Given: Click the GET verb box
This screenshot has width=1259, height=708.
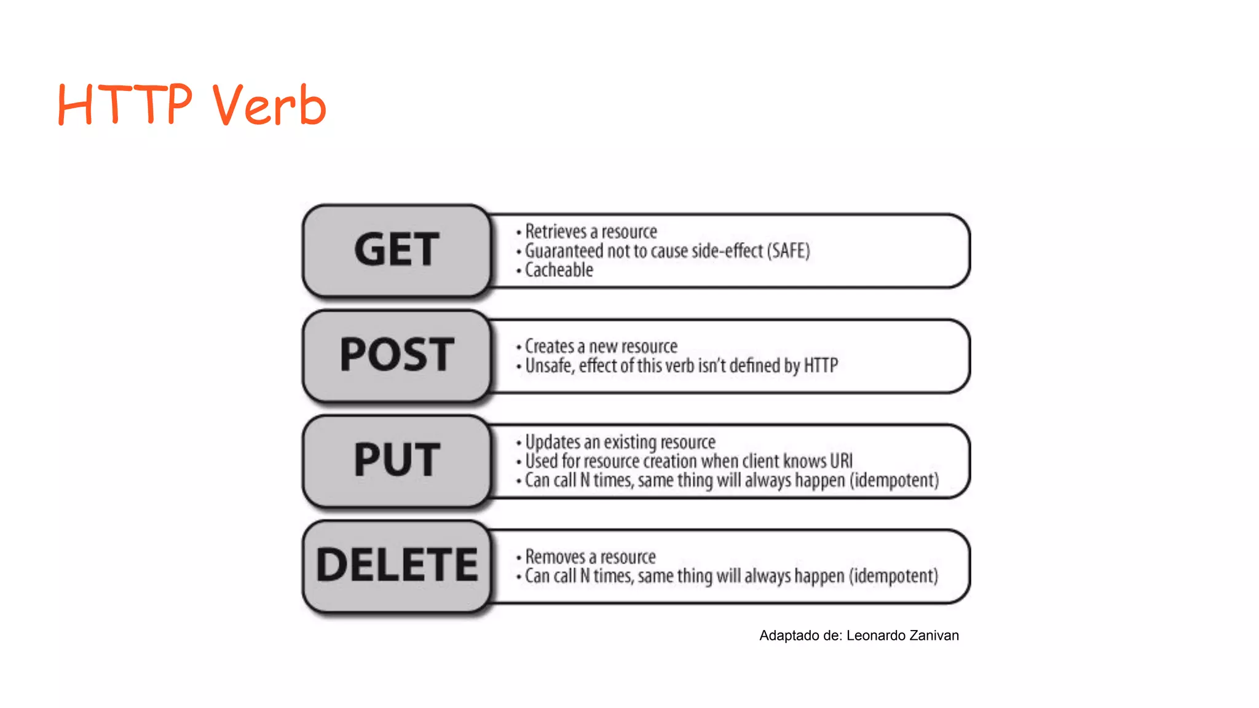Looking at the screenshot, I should tap(397, 250).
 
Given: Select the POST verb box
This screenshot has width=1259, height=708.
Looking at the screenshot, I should tap(397, 355).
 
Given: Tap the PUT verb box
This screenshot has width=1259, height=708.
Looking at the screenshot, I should tap(397, 460).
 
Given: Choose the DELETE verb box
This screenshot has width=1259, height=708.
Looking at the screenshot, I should tap(397, 565).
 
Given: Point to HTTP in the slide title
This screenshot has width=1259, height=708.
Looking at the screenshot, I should tap(125, 104).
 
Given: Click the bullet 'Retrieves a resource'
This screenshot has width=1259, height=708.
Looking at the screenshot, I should tap(590, 232).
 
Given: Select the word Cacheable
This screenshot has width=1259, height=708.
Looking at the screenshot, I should tap(559, 270).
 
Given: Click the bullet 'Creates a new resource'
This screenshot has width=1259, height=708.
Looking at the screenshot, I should tap(601, 347).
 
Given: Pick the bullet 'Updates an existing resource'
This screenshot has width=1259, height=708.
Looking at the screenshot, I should tap(620, 442).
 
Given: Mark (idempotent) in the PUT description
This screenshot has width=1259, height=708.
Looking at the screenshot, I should tap(894, 480).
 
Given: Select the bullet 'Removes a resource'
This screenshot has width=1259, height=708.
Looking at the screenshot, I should tap(590, 557).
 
